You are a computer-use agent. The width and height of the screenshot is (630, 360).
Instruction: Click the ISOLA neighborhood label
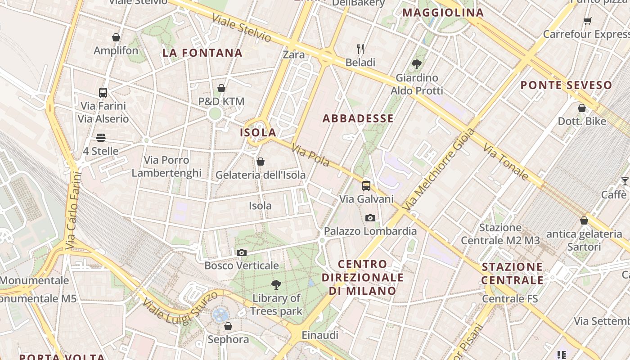coord(258,132)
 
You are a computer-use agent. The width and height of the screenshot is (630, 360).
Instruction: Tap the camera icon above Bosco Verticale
coord(242,252)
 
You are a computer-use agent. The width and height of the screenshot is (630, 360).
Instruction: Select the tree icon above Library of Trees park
coord(276,284)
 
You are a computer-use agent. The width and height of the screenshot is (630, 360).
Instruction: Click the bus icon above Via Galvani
coord(366,185)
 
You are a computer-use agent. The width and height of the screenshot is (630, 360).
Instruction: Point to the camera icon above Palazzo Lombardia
coord(370,218)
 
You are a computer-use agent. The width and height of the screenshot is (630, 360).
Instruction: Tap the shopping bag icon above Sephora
coord(228,326)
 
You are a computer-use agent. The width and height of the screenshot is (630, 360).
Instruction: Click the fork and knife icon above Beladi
coord(360,49)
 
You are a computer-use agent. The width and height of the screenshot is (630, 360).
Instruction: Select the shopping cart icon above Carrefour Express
coord(587,21)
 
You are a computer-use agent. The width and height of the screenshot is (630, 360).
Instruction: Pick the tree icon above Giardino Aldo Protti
coord(417,64)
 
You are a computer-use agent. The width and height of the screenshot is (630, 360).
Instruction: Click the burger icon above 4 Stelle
coord(101,137)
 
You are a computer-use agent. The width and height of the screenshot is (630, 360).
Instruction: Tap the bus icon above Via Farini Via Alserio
coord(103,93)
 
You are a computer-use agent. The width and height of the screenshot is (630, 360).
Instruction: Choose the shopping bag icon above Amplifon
coord(116,37)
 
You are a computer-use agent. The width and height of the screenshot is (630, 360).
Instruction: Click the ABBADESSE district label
coord(358,118)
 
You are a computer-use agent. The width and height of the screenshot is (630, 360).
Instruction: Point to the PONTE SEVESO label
coord(566,85)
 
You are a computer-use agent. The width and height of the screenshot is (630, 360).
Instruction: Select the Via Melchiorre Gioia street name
coord(439,170)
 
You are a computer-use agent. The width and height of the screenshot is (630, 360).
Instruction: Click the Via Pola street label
coord(310,155)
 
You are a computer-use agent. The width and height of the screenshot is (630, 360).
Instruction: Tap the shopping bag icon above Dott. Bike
coord(582,108)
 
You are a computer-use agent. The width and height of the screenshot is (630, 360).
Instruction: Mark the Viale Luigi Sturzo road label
coord(180,306)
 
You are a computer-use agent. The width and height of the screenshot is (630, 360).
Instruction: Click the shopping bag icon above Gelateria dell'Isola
coord(260,162)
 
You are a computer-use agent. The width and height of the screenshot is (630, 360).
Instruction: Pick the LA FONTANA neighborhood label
coord(202,53)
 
